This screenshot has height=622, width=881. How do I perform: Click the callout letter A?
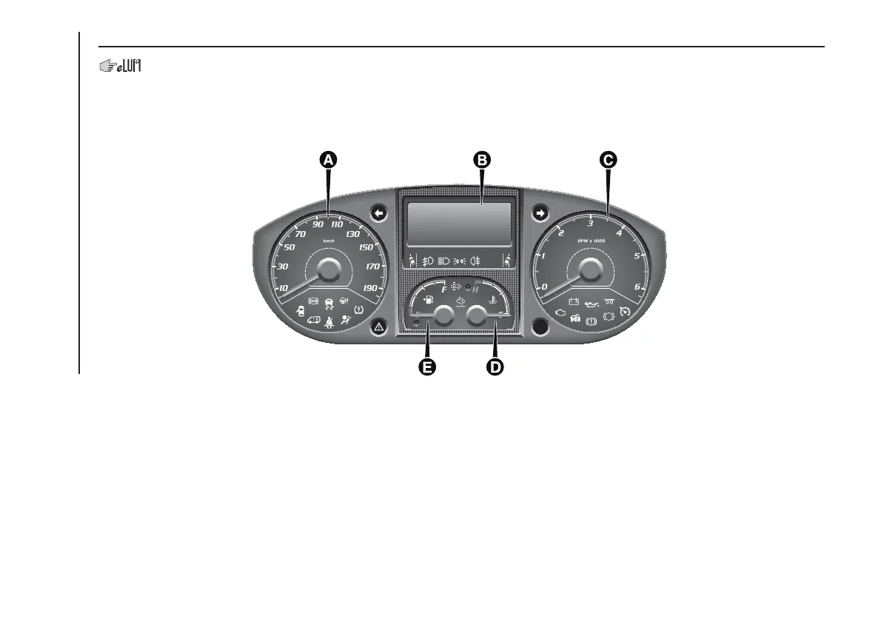point(329,158)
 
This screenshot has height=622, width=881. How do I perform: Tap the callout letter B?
point(482,158)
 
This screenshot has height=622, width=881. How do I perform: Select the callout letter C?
point(608,158)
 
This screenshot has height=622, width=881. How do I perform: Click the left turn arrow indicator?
point(378,213)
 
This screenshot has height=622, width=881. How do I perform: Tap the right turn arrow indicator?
point(540,213)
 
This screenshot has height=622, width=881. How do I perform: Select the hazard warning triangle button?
point(378,327)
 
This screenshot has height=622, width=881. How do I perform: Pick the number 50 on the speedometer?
point(289,247)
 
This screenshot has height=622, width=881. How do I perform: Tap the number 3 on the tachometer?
point(590,223)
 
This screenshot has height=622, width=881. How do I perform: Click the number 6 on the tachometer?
point(637,287)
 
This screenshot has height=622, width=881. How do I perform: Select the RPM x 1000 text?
point(590,241)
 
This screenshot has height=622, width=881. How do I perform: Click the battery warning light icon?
point(573,301)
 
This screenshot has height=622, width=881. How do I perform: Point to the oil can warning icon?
point(591,302)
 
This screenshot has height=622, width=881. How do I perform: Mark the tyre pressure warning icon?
point(359,309)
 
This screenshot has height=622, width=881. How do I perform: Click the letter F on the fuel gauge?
point(444,290)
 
